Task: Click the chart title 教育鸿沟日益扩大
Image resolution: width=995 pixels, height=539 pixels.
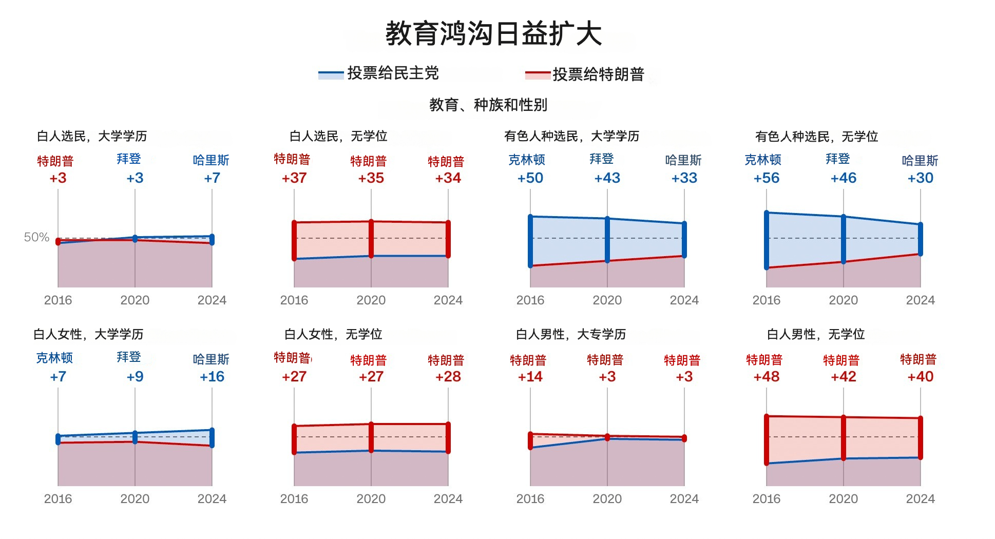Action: tap(493, 33)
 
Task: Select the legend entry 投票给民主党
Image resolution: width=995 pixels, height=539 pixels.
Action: tap(379, 73)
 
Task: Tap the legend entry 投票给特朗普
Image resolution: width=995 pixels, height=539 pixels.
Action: tap(585, 74)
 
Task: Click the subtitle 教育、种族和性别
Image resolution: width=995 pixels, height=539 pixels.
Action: tap(488, 105)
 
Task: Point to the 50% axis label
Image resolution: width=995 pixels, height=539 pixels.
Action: tap(36, 237)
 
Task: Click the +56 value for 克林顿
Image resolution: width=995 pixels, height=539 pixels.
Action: tap(767, 178)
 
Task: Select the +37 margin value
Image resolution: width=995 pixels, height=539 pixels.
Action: tap(294, 178)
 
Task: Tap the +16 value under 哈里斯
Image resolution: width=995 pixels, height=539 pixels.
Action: tap(212, 377)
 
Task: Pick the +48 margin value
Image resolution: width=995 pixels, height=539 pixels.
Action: tap(767, 377)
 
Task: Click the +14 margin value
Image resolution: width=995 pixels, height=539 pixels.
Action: tap(530, 377)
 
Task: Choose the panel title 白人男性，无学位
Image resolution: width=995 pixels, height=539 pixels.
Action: tap(816, 335)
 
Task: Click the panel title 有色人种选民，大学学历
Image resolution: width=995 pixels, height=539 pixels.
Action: tap(572, 136)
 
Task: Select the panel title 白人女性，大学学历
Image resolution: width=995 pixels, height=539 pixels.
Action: tap(88, 335)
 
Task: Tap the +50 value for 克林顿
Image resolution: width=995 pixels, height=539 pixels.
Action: tap(530, 178)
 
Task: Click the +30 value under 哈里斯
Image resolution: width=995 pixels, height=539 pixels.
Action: tap(921, 178)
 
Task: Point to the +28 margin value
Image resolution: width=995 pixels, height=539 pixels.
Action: tap(448, 377)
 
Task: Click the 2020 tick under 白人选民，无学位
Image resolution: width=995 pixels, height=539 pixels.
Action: tap(371, 300)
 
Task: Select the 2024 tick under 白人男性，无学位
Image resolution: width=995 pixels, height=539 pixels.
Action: tap(921, 499)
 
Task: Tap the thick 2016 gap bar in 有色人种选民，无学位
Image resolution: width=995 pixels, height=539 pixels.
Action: tap(767, 240)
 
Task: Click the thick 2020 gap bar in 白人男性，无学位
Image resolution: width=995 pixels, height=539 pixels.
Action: tap(844, 438)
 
